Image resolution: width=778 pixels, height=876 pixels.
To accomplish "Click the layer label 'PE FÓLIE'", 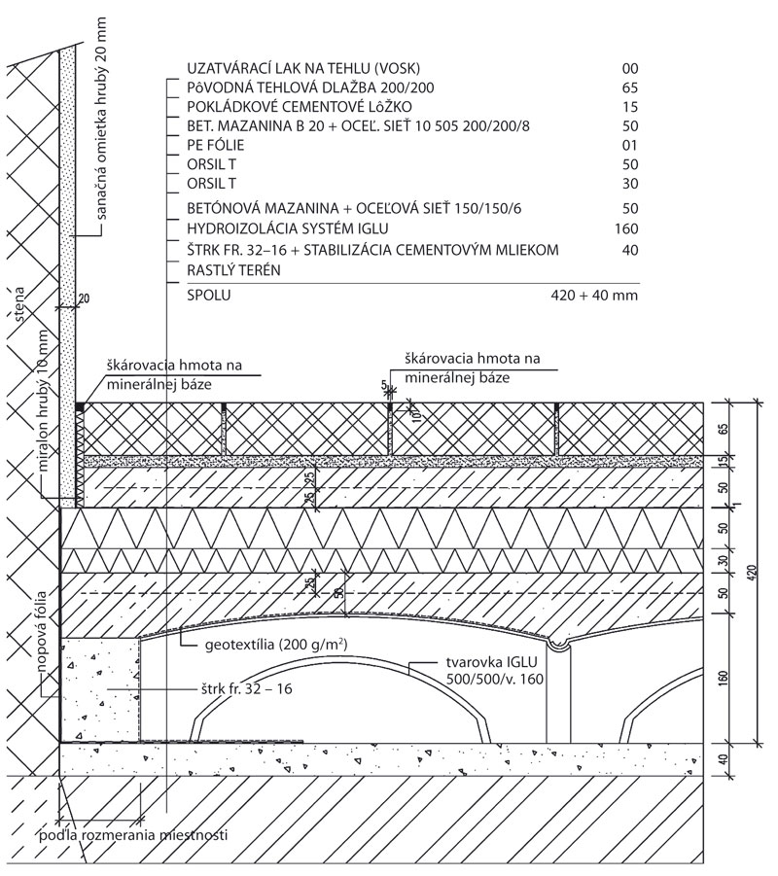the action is point(215,145).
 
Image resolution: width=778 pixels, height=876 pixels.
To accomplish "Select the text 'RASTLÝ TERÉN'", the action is point(233,270).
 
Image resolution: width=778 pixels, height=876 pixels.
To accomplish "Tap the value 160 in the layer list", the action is point(626,228).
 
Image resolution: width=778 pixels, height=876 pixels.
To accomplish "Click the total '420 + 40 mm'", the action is point(594,295).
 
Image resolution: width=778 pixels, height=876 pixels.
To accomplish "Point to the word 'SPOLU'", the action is point(208,295).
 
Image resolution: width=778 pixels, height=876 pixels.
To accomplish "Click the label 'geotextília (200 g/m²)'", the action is point(276,645).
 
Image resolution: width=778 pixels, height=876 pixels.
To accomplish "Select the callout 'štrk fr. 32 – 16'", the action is point(246,688).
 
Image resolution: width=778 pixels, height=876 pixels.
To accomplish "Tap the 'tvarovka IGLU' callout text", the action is point(491,662).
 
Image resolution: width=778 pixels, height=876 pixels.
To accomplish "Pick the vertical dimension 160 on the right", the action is point(724,678).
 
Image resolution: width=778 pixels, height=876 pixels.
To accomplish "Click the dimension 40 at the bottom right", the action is point(724,759).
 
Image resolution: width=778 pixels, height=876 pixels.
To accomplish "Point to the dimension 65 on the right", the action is point(724,429).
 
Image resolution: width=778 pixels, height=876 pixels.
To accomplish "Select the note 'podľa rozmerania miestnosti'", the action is point(133,835).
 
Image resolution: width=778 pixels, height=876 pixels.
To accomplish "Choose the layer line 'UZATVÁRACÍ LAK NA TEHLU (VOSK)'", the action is point(303,69).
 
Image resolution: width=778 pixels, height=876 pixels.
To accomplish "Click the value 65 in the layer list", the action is point(630,88).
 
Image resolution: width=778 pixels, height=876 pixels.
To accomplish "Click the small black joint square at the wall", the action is point(80,406).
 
